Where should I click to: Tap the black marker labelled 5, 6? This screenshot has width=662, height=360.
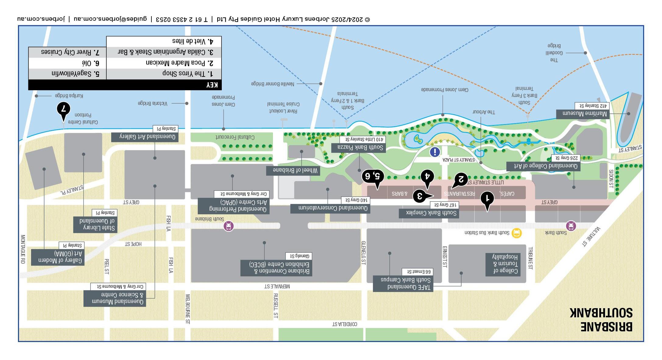(x=373, y=176)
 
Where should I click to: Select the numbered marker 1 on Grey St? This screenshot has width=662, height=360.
(x=487, y=199)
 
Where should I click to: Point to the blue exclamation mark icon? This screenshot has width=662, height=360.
(x=435, y=151)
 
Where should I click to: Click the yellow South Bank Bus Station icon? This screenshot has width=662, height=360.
(x=517, y=233)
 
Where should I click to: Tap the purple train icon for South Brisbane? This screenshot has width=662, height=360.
(x=228, y=226)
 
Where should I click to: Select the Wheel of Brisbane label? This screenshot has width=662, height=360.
(x=295, y=170)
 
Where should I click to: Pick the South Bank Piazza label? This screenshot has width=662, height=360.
(x=360, y=148)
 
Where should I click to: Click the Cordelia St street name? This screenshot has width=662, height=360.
(x=344, y=324)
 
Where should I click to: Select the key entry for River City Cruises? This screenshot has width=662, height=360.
(x=70, y=52)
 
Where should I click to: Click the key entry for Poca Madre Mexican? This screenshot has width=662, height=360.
(x=179, y=63)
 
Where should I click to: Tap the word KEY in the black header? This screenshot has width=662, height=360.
(x=212, y=85)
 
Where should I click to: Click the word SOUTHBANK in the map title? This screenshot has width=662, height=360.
(x=601, y=313)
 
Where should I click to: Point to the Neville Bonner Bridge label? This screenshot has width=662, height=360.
(x=272, y=84)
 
